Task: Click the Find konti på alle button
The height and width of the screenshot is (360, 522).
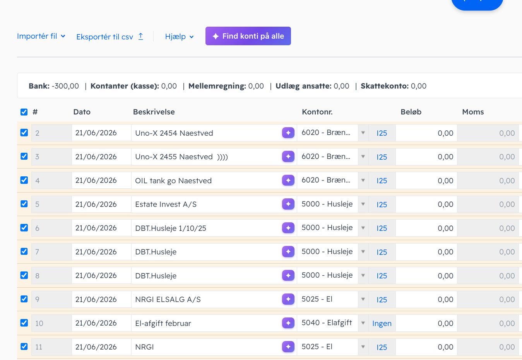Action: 248,36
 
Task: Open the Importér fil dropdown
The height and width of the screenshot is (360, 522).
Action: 41,36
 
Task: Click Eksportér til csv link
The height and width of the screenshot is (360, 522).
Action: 110,37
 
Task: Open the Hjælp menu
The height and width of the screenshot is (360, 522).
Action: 180,37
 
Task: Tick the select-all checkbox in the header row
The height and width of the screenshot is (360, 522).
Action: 24,112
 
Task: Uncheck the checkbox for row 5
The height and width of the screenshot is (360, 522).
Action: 24,204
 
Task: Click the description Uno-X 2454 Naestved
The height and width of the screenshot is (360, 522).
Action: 174,133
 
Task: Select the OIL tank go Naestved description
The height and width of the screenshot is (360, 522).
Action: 173,181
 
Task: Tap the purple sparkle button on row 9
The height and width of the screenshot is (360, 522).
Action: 288,299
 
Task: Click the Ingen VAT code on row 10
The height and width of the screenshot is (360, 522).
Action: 382,323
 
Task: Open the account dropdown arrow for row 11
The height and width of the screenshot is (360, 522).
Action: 363,347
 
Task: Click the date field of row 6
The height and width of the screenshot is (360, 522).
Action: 101,228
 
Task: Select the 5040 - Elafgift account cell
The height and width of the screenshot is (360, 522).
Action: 327,323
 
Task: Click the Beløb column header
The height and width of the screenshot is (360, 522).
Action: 411,112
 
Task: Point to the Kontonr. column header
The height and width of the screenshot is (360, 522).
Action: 317,112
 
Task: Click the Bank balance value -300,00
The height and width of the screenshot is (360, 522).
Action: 65,86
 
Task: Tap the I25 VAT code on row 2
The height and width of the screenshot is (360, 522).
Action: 382,133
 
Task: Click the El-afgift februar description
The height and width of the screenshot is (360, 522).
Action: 163,323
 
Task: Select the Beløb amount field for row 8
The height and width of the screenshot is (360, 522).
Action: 426,275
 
